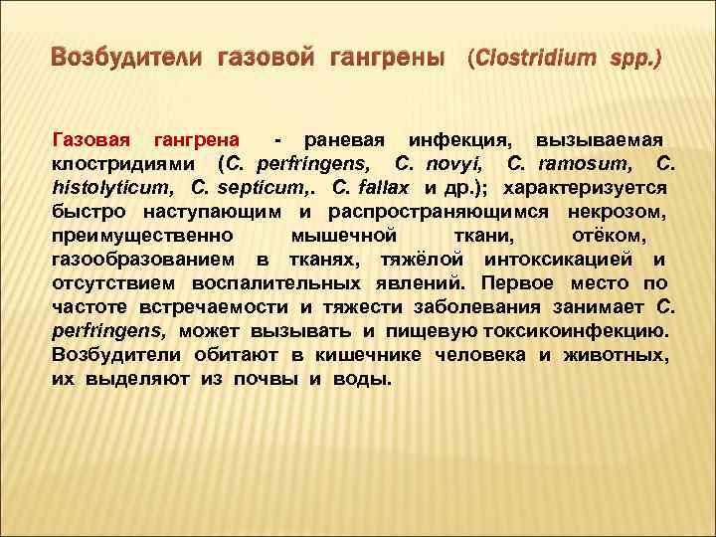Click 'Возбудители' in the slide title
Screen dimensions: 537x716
point(124,59)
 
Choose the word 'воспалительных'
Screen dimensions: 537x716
point(266,283)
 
